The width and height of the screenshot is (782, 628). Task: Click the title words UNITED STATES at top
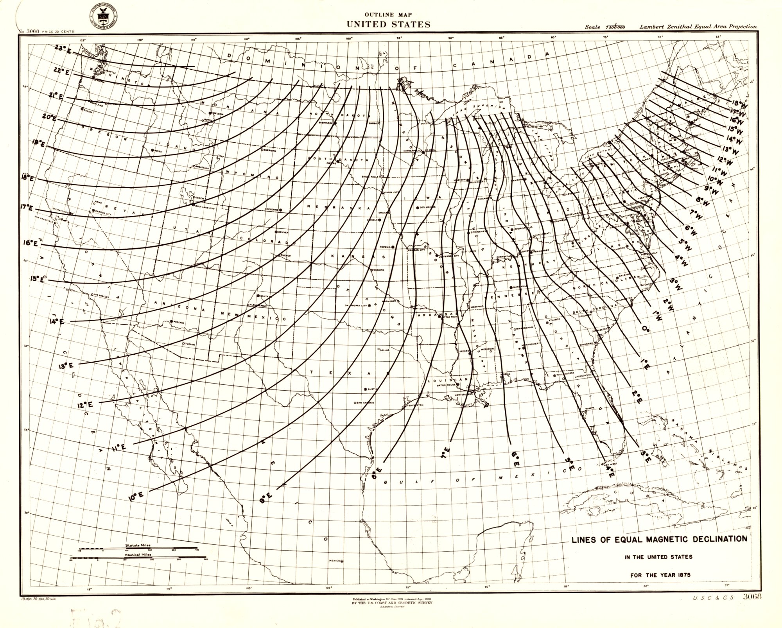[x=388, y=24]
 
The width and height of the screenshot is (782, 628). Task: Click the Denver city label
[x=282, y=232]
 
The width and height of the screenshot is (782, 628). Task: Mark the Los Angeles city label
[x=100, y=295]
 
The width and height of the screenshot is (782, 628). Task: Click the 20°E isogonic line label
[x=49, y=117]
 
